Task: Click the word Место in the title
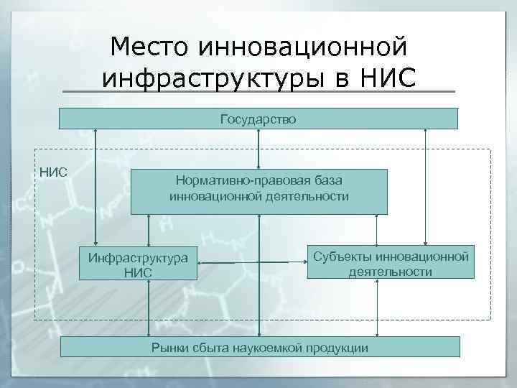tap(150, 47)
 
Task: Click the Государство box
tap(258, 119)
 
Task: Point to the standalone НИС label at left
tap(53, 172)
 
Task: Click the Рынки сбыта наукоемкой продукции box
tap(259, 348)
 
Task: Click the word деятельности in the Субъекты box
tap(391, 272)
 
